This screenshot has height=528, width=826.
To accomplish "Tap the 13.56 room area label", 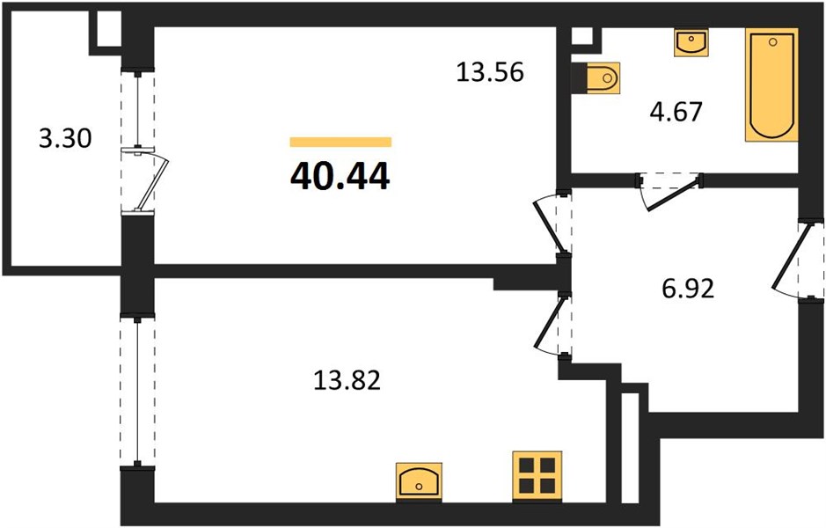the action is click(x=490, y=71).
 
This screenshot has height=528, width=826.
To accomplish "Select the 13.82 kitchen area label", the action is click(x=347, y=380).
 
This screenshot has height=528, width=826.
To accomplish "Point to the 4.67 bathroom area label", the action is click(x=676, y=112).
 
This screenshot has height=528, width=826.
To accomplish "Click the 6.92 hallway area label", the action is click(x=688, y=289).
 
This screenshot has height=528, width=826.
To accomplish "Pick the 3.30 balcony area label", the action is click(x=65, y=138).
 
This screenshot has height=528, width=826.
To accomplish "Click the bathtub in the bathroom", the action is click(x=771, y=84).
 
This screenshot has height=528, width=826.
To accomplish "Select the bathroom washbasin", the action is click(x=691, y=42).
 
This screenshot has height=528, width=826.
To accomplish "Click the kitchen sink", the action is click(x=419, y=481).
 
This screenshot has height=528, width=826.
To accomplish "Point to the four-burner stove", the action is click(x=537, y=476).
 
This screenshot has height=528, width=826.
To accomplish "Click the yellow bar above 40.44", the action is click(x=340, y=142).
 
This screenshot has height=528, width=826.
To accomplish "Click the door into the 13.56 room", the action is click(x=552, y=224).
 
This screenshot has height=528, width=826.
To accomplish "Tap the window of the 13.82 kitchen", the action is click(x=137, y=391).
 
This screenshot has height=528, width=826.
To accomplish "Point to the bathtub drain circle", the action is click(x=773, y=41).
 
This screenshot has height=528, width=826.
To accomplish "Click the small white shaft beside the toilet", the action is click(x=582, y=36).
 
